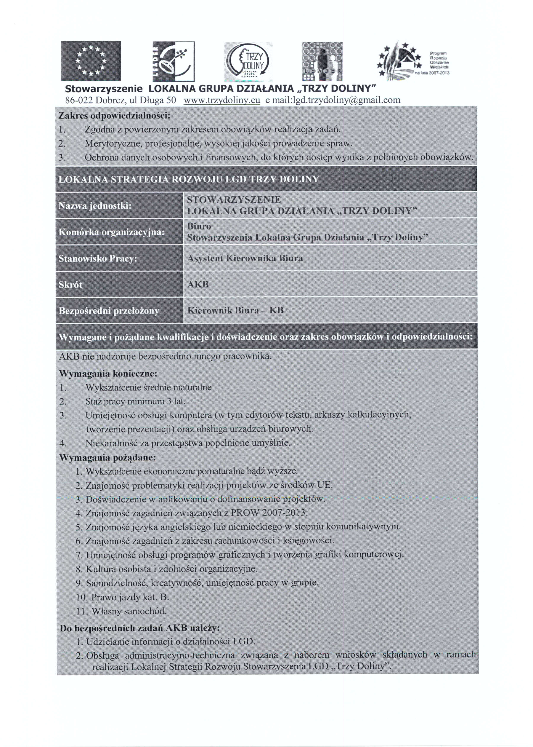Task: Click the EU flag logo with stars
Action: click(91, 61)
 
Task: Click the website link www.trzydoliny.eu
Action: click(222, 100)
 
